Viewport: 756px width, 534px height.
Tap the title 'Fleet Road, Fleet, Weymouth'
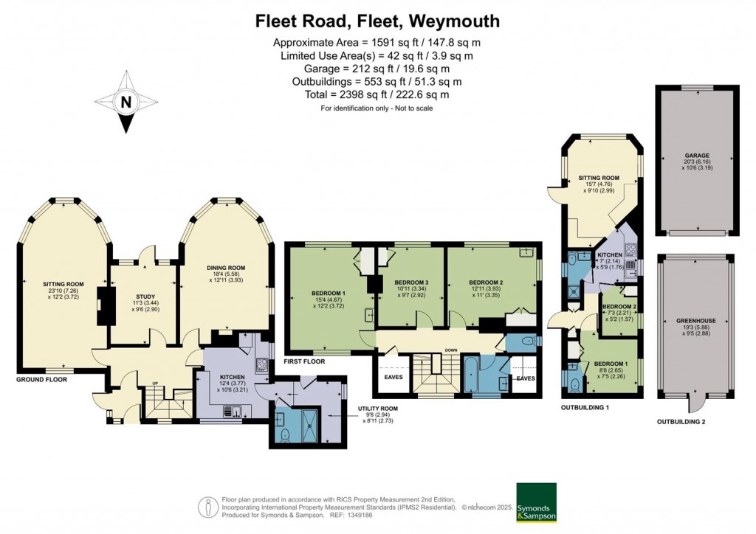(x=377, y=21)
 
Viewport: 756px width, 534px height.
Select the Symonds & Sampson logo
(x=536, y=502)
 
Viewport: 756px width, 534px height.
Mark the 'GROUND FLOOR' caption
(x=42, y=380)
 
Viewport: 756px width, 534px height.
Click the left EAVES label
(x=392, y=378)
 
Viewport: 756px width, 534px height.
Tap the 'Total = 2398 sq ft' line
(x=377, y=95)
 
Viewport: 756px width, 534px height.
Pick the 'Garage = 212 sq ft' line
(x=377, y=69)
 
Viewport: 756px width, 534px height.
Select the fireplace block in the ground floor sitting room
(x=105, y=305)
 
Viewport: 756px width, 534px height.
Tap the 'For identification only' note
(x=377, y=108)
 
